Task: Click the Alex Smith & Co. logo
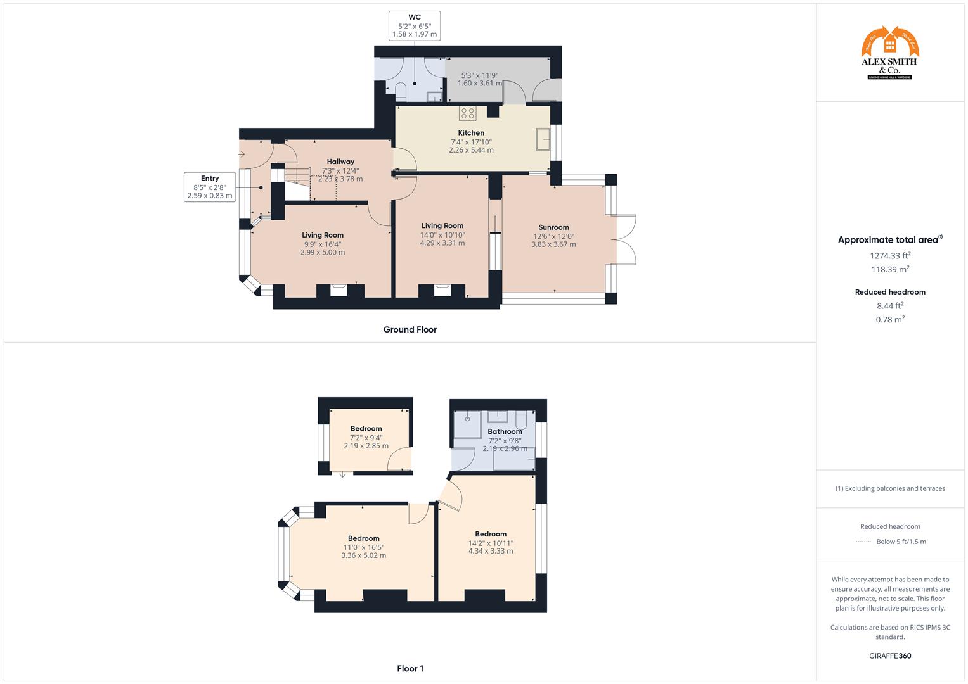pyautogui.click(x=890, y=53)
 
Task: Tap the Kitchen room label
pyautogui.click(x=471, y=133)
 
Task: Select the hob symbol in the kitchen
pyautogui.click(x=468, y=113)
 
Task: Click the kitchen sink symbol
pyautogui.click(x=543, y=139)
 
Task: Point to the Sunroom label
pyautogui.click(x=553, y=227)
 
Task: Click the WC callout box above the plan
pyautogui.click(x=414, y=25)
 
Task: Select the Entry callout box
pyautogui.click(x=210, y=187)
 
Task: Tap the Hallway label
pyautogui.click(x=340, y=161)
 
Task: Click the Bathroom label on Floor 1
pyautogui.click(x=505, y=432)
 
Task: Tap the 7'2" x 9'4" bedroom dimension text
pyautogui.click(x=366, y=438)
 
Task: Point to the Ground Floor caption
pyautogui.click(x=410, y=329)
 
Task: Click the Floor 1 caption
pyautogui.click(x=410, y=668)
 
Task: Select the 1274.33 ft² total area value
pyautogui.click(x=890, y=256)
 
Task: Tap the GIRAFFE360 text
pyautogui.click(x=890, y=655)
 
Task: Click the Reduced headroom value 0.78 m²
pyautogui.click(x=890, y=320)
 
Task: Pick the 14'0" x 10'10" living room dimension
pyautogui.click(x=442, y=234)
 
